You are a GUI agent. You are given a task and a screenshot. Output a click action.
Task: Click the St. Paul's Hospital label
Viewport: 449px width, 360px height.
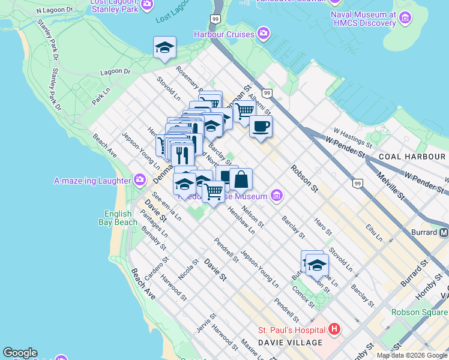[x=291, y=330]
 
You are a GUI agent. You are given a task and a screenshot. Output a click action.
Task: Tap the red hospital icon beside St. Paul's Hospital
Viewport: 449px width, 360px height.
[x=334, y=329]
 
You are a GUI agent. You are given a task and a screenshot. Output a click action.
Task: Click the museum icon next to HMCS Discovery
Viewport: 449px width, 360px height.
[x=406, y=19]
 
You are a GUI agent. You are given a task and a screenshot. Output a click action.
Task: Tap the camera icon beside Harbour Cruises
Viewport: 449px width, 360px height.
[x=263, y=34]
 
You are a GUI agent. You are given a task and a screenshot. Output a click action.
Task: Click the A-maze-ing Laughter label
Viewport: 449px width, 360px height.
[x=92, y=181]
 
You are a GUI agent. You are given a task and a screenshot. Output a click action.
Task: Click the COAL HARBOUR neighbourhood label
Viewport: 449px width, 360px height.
[x=412, y=157]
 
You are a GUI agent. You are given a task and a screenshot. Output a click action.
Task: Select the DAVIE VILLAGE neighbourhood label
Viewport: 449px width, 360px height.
[x=290, y=343]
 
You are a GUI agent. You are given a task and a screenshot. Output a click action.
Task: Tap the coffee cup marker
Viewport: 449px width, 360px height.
[x=261, y=127]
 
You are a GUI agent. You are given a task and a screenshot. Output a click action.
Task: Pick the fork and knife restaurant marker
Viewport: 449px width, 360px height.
[x=182, y=154]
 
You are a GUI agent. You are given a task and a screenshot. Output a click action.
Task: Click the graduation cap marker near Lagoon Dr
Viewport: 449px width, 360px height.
[x=164, y=47]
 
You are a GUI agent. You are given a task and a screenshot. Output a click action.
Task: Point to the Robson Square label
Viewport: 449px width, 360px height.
[x=420, y=312]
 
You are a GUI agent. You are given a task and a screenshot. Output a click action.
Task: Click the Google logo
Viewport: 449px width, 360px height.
[x=20, y=353]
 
